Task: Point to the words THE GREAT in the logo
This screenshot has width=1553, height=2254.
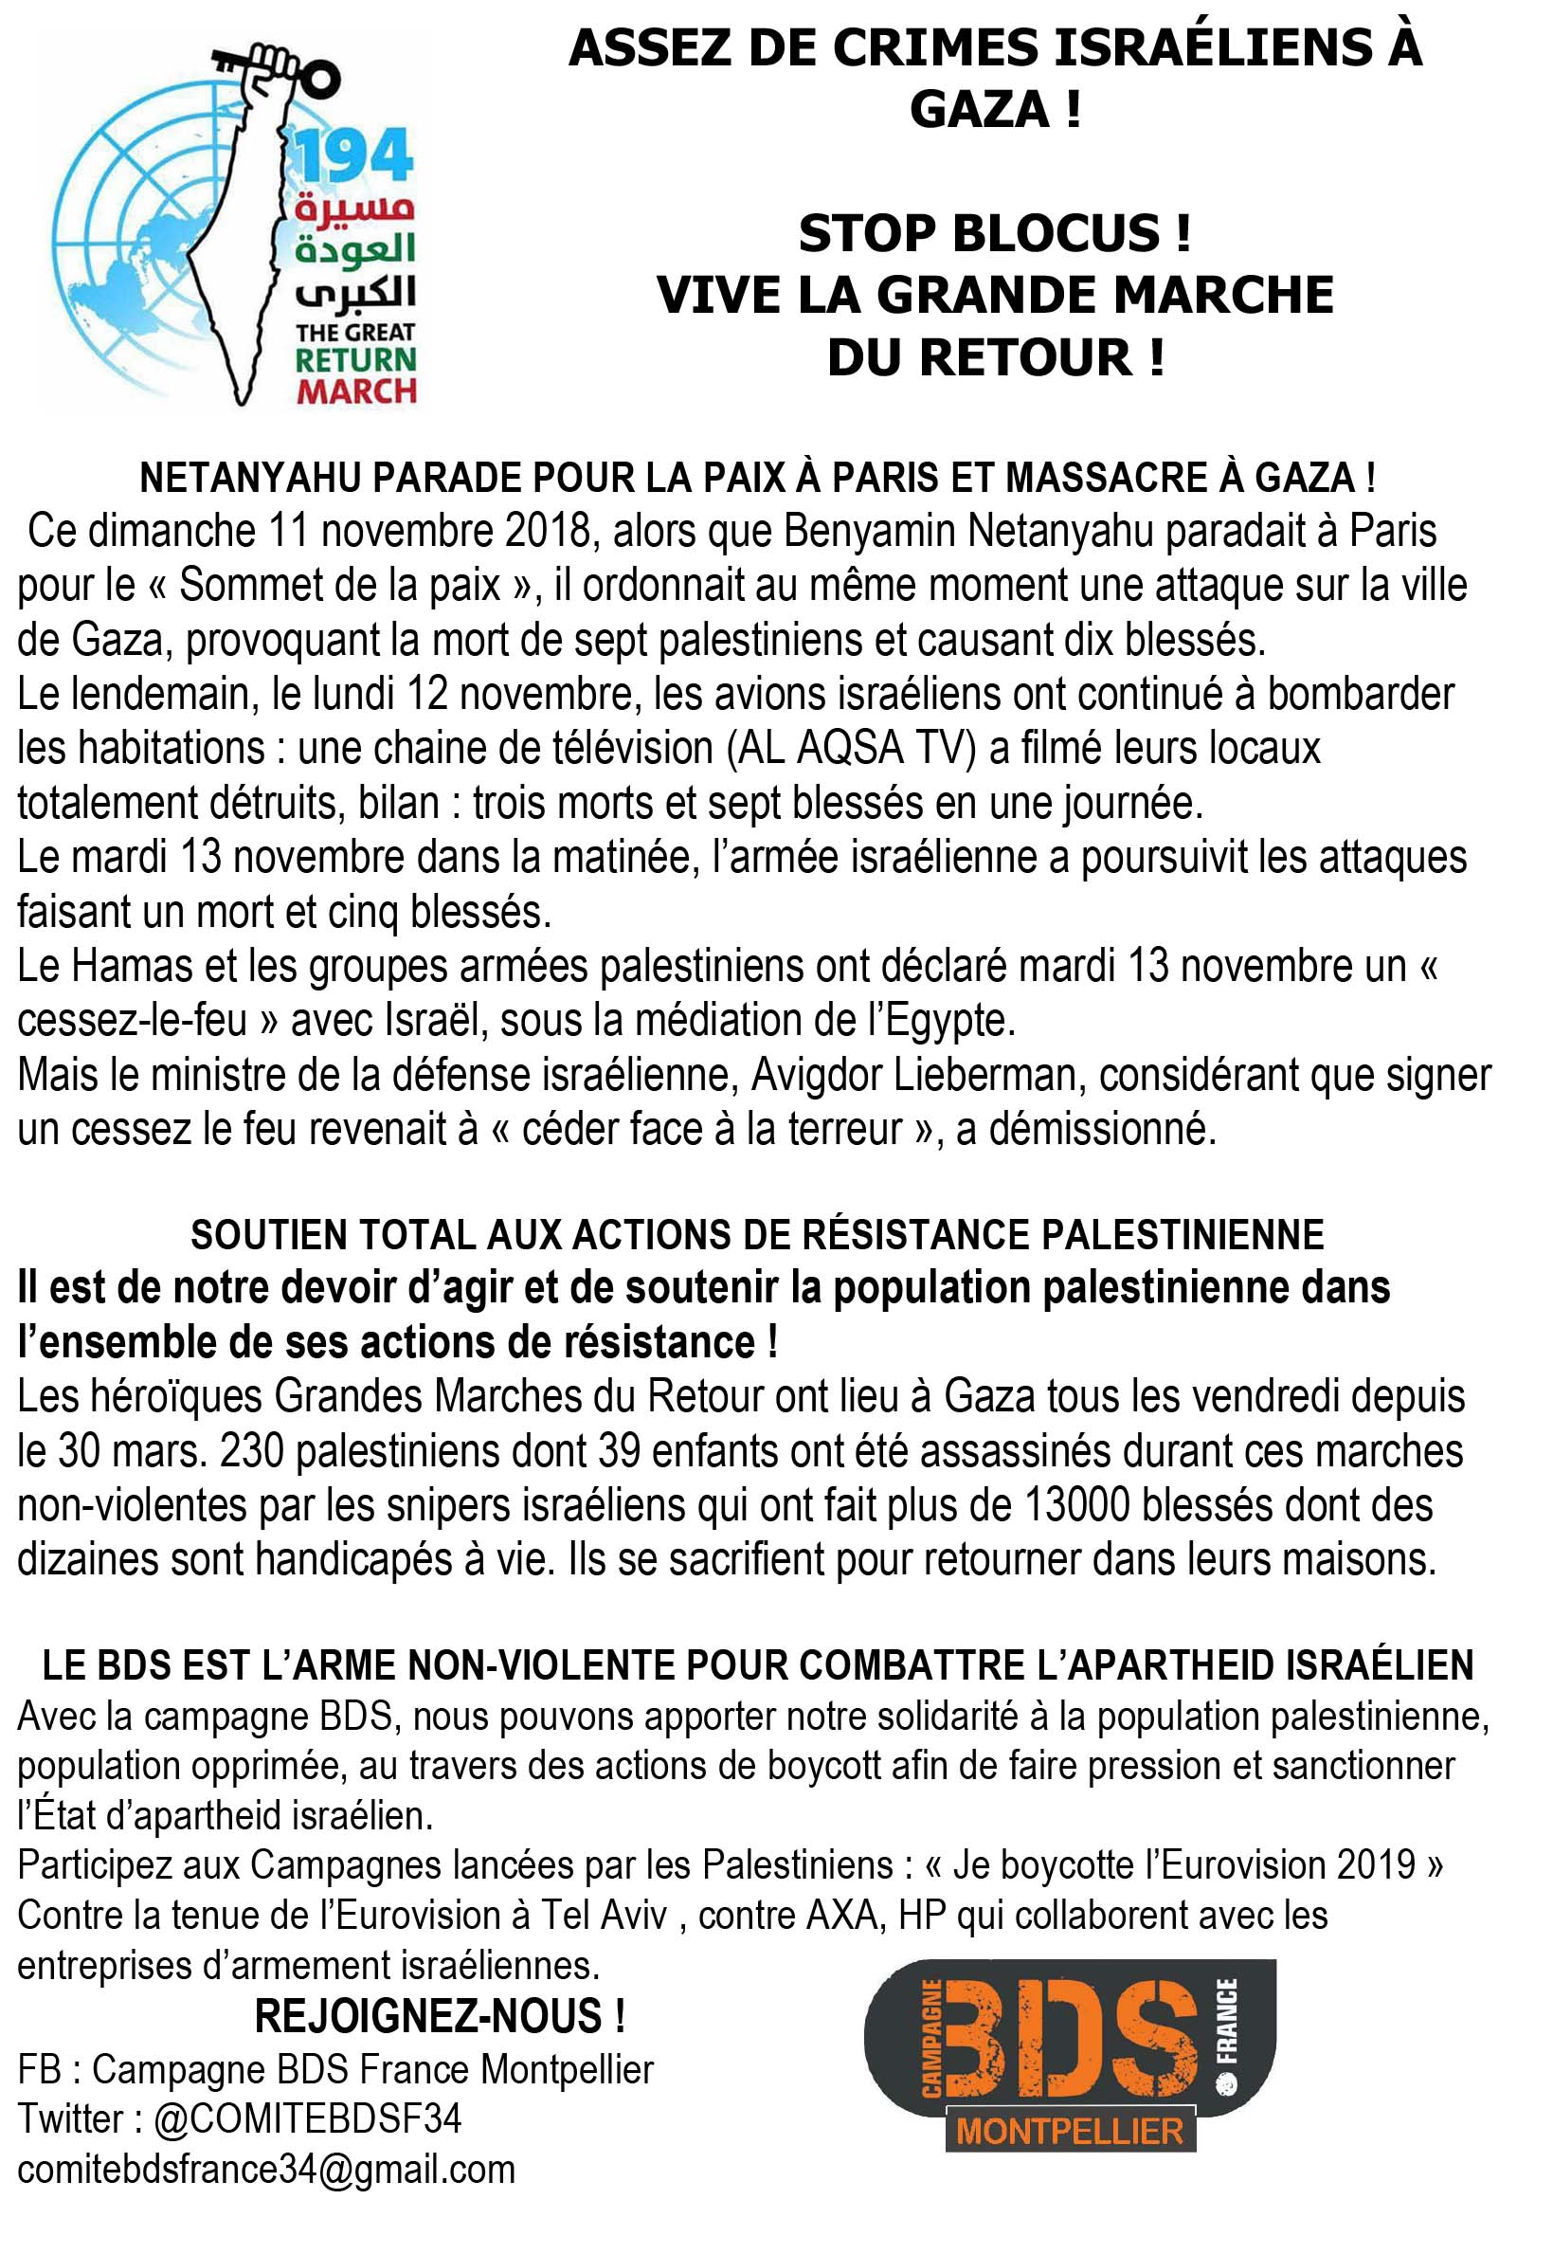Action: point(355,333)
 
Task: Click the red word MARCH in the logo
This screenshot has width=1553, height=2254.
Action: point(357,391)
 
